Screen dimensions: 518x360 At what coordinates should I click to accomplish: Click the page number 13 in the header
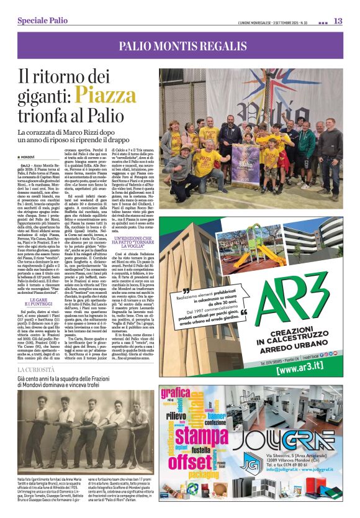click(x=338, y=21)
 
